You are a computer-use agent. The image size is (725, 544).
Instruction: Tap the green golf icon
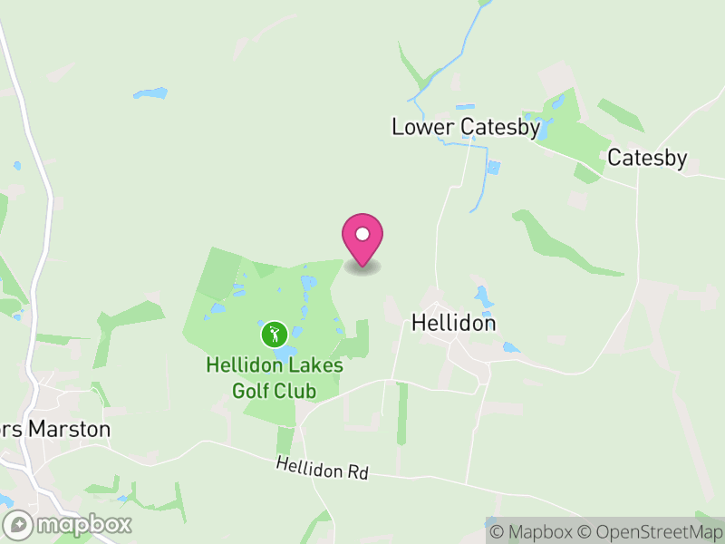(x=274, y=335)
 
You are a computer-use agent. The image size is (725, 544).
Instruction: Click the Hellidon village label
(x=454, y=323)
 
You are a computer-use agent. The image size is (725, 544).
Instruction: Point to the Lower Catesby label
(x=466, y=127)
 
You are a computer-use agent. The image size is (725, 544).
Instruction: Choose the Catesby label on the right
(x=647, y=158)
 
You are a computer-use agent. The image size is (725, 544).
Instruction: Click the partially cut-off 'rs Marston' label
(x=55, y=429)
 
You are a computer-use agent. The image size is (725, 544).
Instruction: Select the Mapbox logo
(x=69, y=524)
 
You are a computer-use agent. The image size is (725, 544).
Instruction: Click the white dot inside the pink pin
(x=362, y=234)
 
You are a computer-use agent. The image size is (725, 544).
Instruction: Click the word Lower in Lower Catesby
(x=422, y=127)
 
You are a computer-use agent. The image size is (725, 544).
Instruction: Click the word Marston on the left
(x=68, y=429)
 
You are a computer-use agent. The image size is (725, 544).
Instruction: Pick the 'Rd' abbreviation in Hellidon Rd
(x=358, y=473)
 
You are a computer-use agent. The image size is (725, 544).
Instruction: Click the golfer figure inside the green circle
(x=274, y=335)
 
